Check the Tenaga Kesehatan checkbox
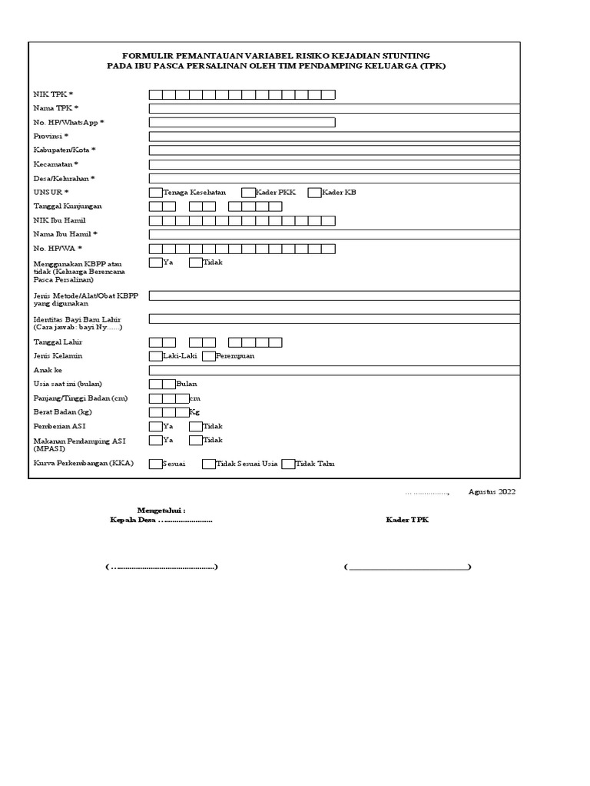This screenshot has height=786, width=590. click(x=155, y=193)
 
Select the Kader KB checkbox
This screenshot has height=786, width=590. click(x=314, y=193)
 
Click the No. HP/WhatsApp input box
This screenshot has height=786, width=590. click(x=242, y=122)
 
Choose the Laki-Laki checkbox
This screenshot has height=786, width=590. click(x=155, y=356)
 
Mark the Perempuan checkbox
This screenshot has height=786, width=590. click(x=209, y=356)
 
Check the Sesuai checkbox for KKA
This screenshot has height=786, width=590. click(x=155, y=464)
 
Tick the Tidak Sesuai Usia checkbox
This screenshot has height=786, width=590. click(x=208, y=464)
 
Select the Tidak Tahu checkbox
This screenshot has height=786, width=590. click(x=288, y=464)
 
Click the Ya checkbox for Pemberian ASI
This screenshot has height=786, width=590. click(x=155, y=426)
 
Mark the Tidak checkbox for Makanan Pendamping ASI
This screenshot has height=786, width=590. click(x=195, y=441)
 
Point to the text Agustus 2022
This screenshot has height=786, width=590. click(x=492, y=492)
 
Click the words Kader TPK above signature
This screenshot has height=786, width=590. click(x=407, y=520)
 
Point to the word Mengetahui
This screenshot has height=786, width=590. click(x=161, y=510)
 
